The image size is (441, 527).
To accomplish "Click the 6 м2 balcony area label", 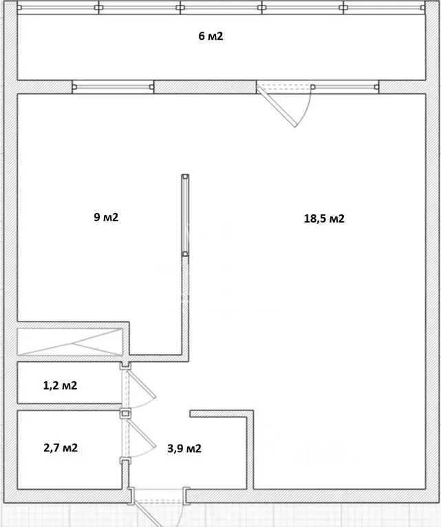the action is coord(211,36).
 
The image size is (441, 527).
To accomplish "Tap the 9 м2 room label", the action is coord(106,217).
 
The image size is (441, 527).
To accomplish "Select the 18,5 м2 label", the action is coord(324,218).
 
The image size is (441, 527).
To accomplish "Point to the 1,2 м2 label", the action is coord(60,385).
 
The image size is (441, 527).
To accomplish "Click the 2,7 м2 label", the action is coord(61,448).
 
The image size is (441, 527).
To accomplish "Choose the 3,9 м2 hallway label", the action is coord(184,449).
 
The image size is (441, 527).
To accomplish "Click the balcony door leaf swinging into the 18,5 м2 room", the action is coord(277,106).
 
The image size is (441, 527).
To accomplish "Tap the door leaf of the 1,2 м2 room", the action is coord(142,384).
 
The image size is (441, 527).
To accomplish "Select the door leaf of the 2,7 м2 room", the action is coord(142,434).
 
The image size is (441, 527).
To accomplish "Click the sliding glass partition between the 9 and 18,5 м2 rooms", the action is coord(185,215).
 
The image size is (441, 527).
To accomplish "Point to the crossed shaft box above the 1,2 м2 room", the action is coord(69,341).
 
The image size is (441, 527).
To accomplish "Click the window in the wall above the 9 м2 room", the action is coord(113,87).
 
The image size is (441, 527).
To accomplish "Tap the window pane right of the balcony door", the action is coord(345,87).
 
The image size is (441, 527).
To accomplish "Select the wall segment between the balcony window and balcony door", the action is coord(205,87).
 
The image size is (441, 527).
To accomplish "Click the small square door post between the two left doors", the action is coord(125,413).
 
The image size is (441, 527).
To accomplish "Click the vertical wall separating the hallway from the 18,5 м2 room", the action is coord(250,449).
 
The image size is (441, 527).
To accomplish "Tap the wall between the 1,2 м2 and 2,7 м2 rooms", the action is coord(69,407).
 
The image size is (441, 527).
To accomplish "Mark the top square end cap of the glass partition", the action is coord(185,177).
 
